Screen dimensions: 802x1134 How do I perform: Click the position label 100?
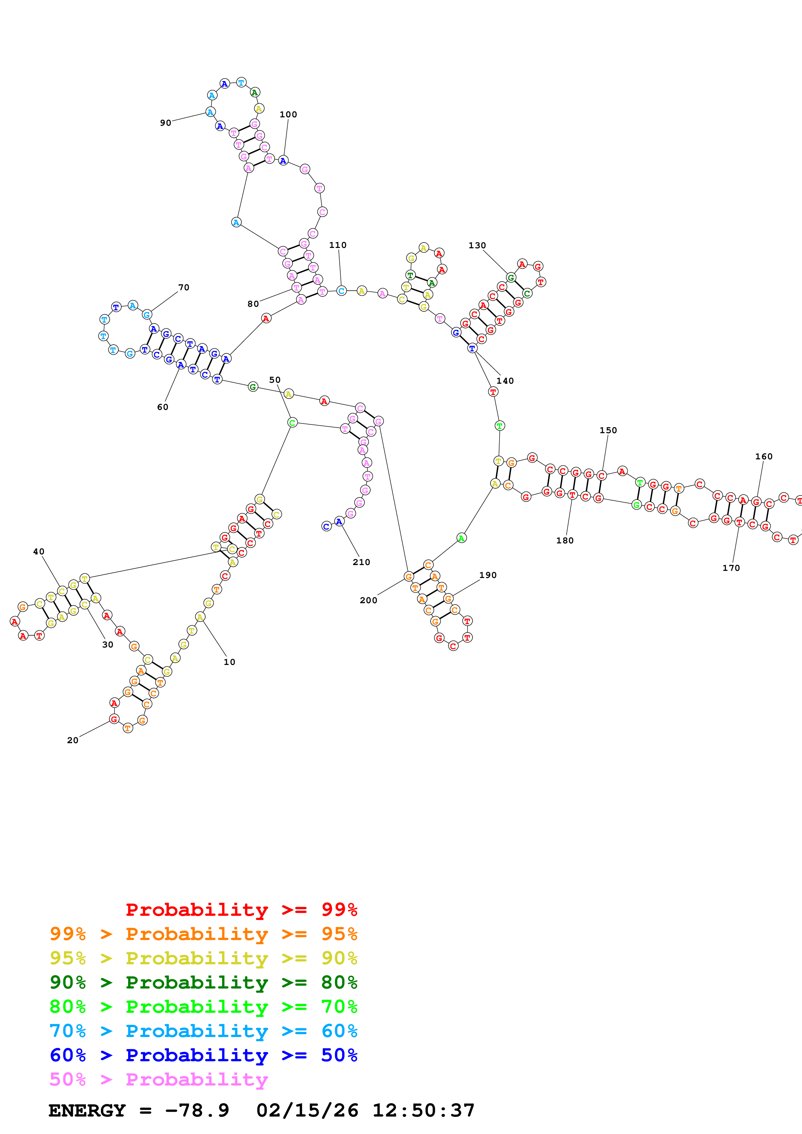pyautogui.click(x=288, y=114)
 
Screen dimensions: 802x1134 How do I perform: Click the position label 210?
pyautogui.click(x=361, y=562)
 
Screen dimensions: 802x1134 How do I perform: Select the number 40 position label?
pyautogui.click(x=38, y=552)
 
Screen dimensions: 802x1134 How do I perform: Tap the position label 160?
pyautogui.click(x=764, y=456)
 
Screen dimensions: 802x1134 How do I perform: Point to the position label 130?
pyautogui.click(x=477, y=245)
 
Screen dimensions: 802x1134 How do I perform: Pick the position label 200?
pyautogui.click(x=368, y=600)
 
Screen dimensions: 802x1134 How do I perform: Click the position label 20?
pyautogui.click(x=73, y=740)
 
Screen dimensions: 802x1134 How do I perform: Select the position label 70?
pyautogui.click(x=183, y=287)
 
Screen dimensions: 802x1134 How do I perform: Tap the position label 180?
pyautogui.click(x=565, y=540)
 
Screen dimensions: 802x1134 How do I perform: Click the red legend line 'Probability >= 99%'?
pyautogui.click(x=241, y=909)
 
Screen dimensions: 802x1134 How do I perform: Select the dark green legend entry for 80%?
pyautogui.click(x=203, y=982)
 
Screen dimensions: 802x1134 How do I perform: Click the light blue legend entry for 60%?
pyautogui.click(x=203, y=1031)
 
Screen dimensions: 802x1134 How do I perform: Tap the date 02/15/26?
pyautogui.click(x=307, y=1110)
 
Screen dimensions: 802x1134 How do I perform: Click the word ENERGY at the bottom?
pyautogui.click(x=87, y=1110)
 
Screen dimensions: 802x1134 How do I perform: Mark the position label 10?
pyautogui.click(x=229, y=662)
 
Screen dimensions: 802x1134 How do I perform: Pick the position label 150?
pyautogui.click(x=608, y=430)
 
